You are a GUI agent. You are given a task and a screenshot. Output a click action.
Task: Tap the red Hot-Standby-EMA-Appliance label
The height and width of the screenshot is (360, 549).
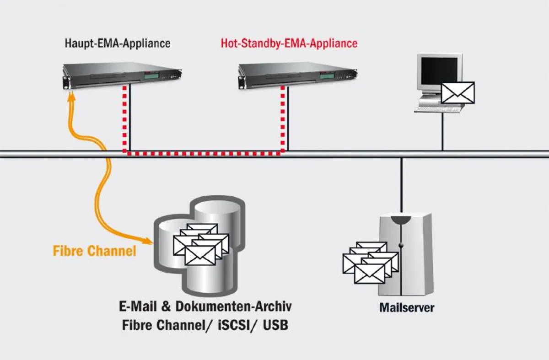pyautogui.click(x=289, y=44)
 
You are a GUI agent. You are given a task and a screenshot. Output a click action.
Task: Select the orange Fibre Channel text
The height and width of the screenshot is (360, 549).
pyautogui.click(x=95, y=251)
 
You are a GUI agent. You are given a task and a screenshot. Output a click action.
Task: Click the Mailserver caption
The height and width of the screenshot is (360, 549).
pyautogui.click(x=407, y=307)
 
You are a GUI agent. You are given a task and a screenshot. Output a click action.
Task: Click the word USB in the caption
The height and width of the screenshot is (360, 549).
pyautogui.click(x=275, y=326)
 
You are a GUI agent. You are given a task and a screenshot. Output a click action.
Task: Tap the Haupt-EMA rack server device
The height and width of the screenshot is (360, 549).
pyautogui.click(x=121, y=76)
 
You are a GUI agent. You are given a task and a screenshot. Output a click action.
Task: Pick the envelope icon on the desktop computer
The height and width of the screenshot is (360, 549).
pyautogui.click(x=457, y=93)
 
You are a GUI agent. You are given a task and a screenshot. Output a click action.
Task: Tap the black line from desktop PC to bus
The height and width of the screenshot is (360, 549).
pyautogui.click(x=442, y=133)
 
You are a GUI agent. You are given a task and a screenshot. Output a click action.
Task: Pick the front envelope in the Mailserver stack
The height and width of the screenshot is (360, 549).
pyautogui.click(x=370, y=273)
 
